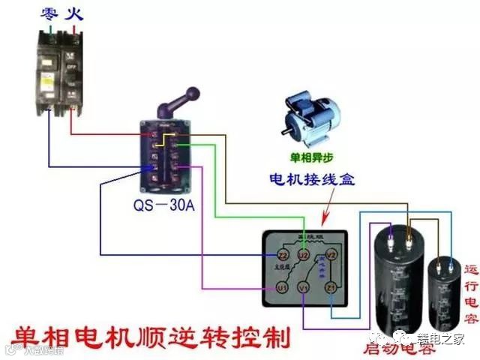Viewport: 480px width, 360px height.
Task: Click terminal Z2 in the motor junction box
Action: (272, 255)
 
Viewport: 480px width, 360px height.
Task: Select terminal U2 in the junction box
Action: (303, 255)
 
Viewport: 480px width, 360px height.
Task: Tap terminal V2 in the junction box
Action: (334, 255)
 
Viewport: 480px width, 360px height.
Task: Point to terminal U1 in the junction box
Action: (282, 288)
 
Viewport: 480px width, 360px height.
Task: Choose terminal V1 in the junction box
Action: (303, 288)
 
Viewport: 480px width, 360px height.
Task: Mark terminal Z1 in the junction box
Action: (329, 288)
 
